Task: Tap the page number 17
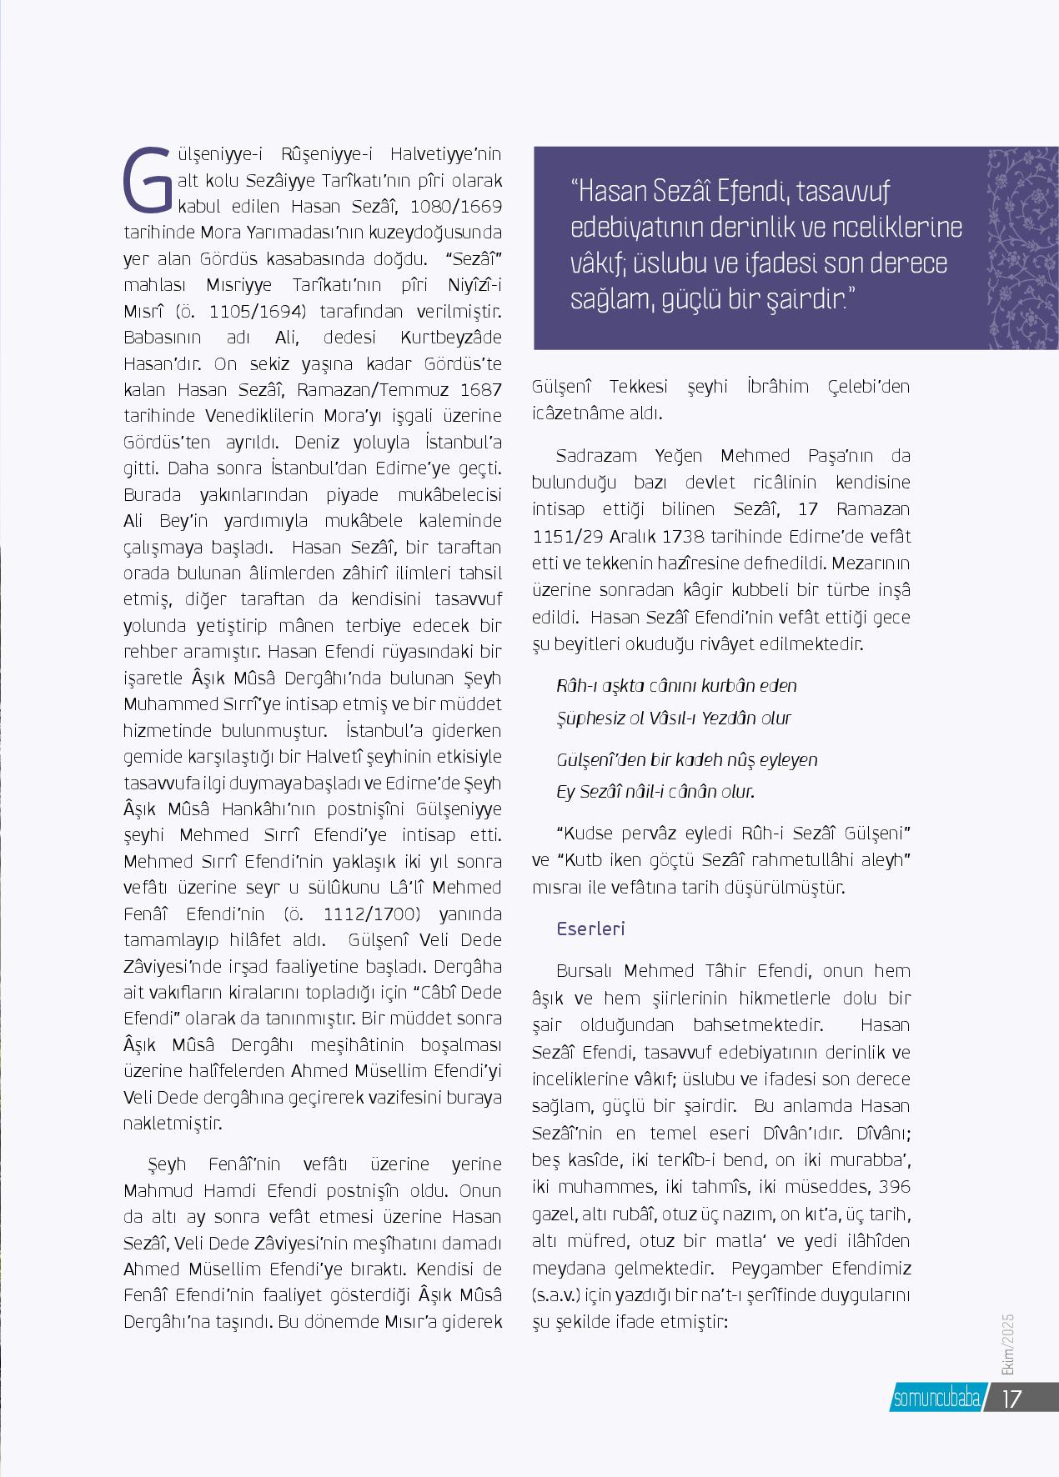coord(1011,1398)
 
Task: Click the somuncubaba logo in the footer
coord(936,1399)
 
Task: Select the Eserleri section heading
coord(590,929)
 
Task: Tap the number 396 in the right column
coord(895,1187)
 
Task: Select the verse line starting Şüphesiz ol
coord(673,718)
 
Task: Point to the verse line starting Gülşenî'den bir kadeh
coord(686,759)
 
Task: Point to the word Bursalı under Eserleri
coord(585,970)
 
